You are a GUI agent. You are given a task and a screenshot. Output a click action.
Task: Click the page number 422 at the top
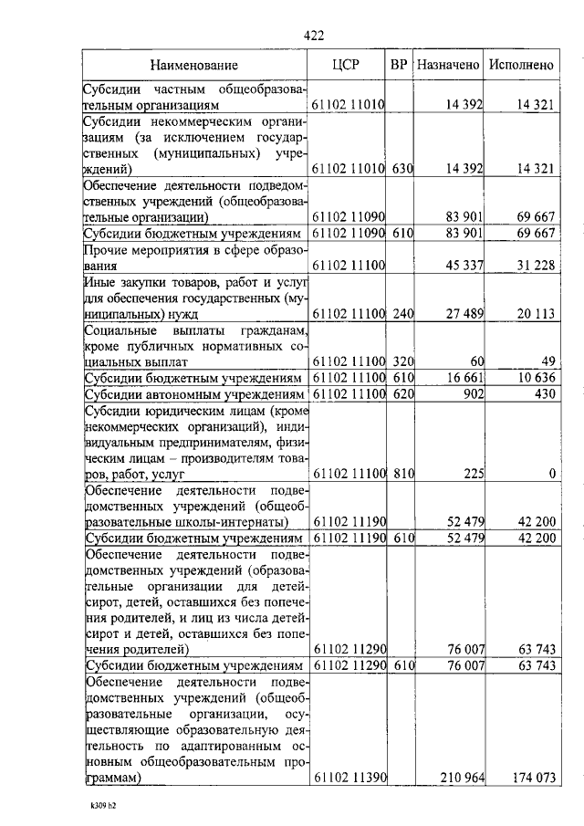point(313,36)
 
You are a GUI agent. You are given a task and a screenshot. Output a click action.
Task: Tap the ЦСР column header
point(349,65)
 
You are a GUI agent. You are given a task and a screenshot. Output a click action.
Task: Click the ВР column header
point(399,65)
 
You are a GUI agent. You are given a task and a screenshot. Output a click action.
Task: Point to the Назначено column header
point(447,65)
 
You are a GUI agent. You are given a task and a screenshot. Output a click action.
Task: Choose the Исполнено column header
point(521,65)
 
